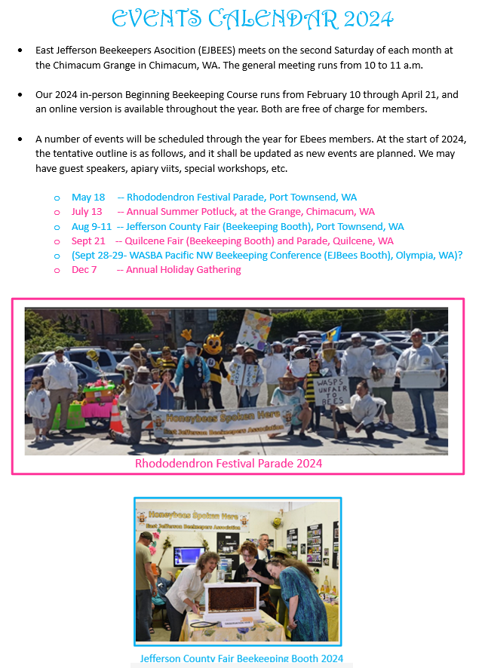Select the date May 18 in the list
tap(88, 198)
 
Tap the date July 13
tap(87, 212)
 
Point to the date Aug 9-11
tap(91, 226)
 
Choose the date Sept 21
tap(88, 241)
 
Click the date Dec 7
tap(84, 269)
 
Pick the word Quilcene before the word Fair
tap(149, 241)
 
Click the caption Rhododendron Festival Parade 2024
tap(229, 463)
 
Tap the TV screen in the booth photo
tap(188, 556)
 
